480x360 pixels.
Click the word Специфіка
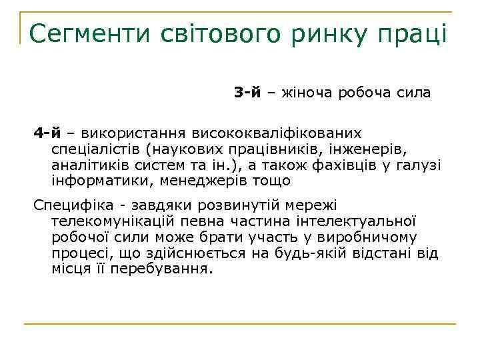69,205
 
